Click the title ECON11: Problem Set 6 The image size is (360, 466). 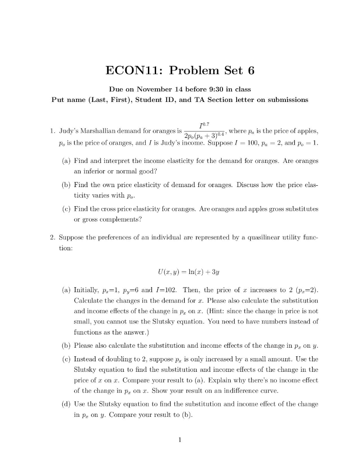tap(180, 71)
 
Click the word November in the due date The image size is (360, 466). tap(158, 89)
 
